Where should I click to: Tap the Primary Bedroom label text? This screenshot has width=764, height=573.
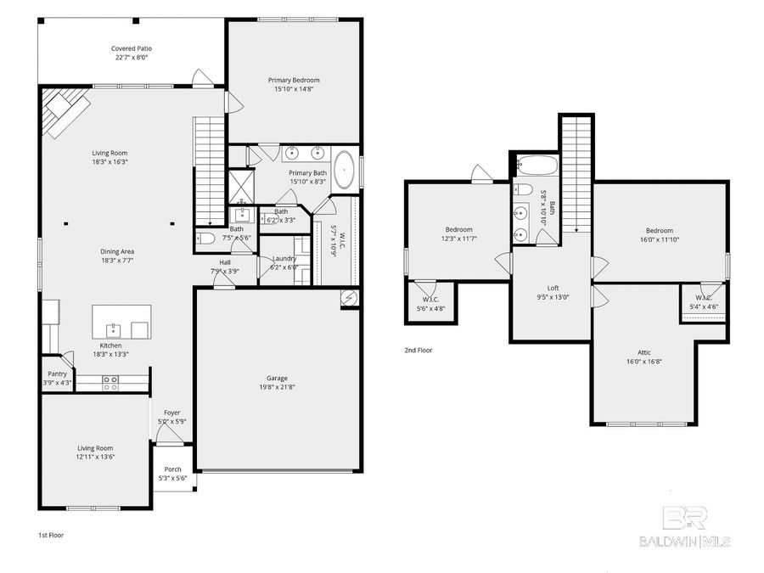(295, 80)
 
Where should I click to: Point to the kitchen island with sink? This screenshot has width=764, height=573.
(121, 322)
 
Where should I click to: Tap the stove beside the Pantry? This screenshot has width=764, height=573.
(110, 383)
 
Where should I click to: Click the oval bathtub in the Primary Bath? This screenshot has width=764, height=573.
(344, 170)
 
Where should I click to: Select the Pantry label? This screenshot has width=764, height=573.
(56, 374)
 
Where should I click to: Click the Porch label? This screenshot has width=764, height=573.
(172, 469)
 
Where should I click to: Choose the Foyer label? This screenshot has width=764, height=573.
(171, 413)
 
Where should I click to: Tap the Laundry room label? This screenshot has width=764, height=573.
(283, 258)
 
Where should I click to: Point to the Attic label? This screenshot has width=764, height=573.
(644, 352)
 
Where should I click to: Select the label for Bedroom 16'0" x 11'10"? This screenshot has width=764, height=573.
(659, 230)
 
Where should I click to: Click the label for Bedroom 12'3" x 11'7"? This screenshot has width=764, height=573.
(459, 229)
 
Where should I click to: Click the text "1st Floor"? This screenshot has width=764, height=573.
(51, 536)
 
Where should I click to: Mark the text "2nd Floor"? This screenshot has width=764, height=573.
(418, 349)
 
